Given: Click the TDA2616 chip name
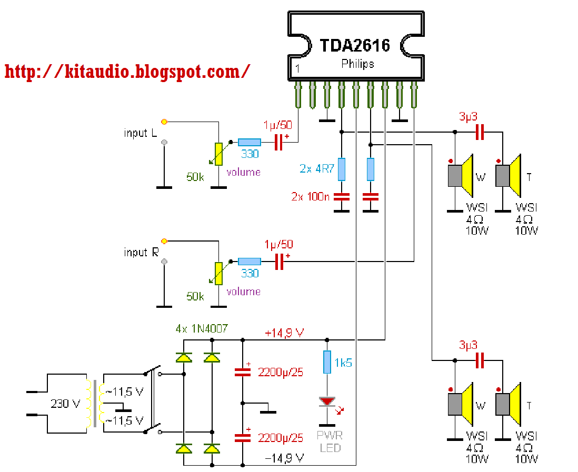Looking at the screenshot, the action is tap(355, 45).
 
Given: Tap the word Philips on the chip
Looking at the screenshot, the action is tap(357, 64).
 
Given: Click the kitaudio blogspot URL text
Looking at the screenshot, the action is tap(127, 72).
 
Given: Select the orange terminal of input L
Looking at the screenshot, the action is tap(164, 122).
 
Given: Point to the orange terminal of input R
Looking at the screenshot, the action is tap(164, 241).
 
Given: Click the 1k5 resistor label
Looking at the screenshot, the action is tap(343, 363).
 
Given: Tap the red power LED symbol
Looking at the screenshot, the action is tap(327, 401).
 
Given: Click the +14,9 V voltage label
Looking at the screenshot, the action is tap(284, 333).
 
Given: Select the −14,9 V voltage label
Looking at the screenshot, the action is tap(284, 458).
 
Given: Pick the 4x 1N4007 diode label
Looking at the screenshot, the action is tap(202, 328).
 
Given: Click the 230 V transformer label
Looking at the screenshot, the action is tap(65, 404).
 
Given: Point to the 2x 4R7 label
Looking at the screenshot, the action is tap(317, 169).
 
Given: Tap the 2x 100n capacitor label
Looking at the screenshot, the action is tap(311, 197).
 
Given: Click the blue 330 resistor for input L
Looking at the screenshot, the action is tap(250, 142).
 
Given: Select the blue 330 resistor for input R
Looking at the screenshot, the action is tap(250, 262).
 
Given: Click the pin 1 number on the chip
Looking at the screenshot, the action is tap(297, 69).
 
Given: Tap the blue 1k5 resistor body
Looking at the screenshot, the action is tap(327, 362).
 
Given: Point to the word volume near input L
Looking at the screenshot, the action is tap(243, 173).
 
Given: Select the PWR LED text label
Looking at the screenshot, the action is tap(330, 442).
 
